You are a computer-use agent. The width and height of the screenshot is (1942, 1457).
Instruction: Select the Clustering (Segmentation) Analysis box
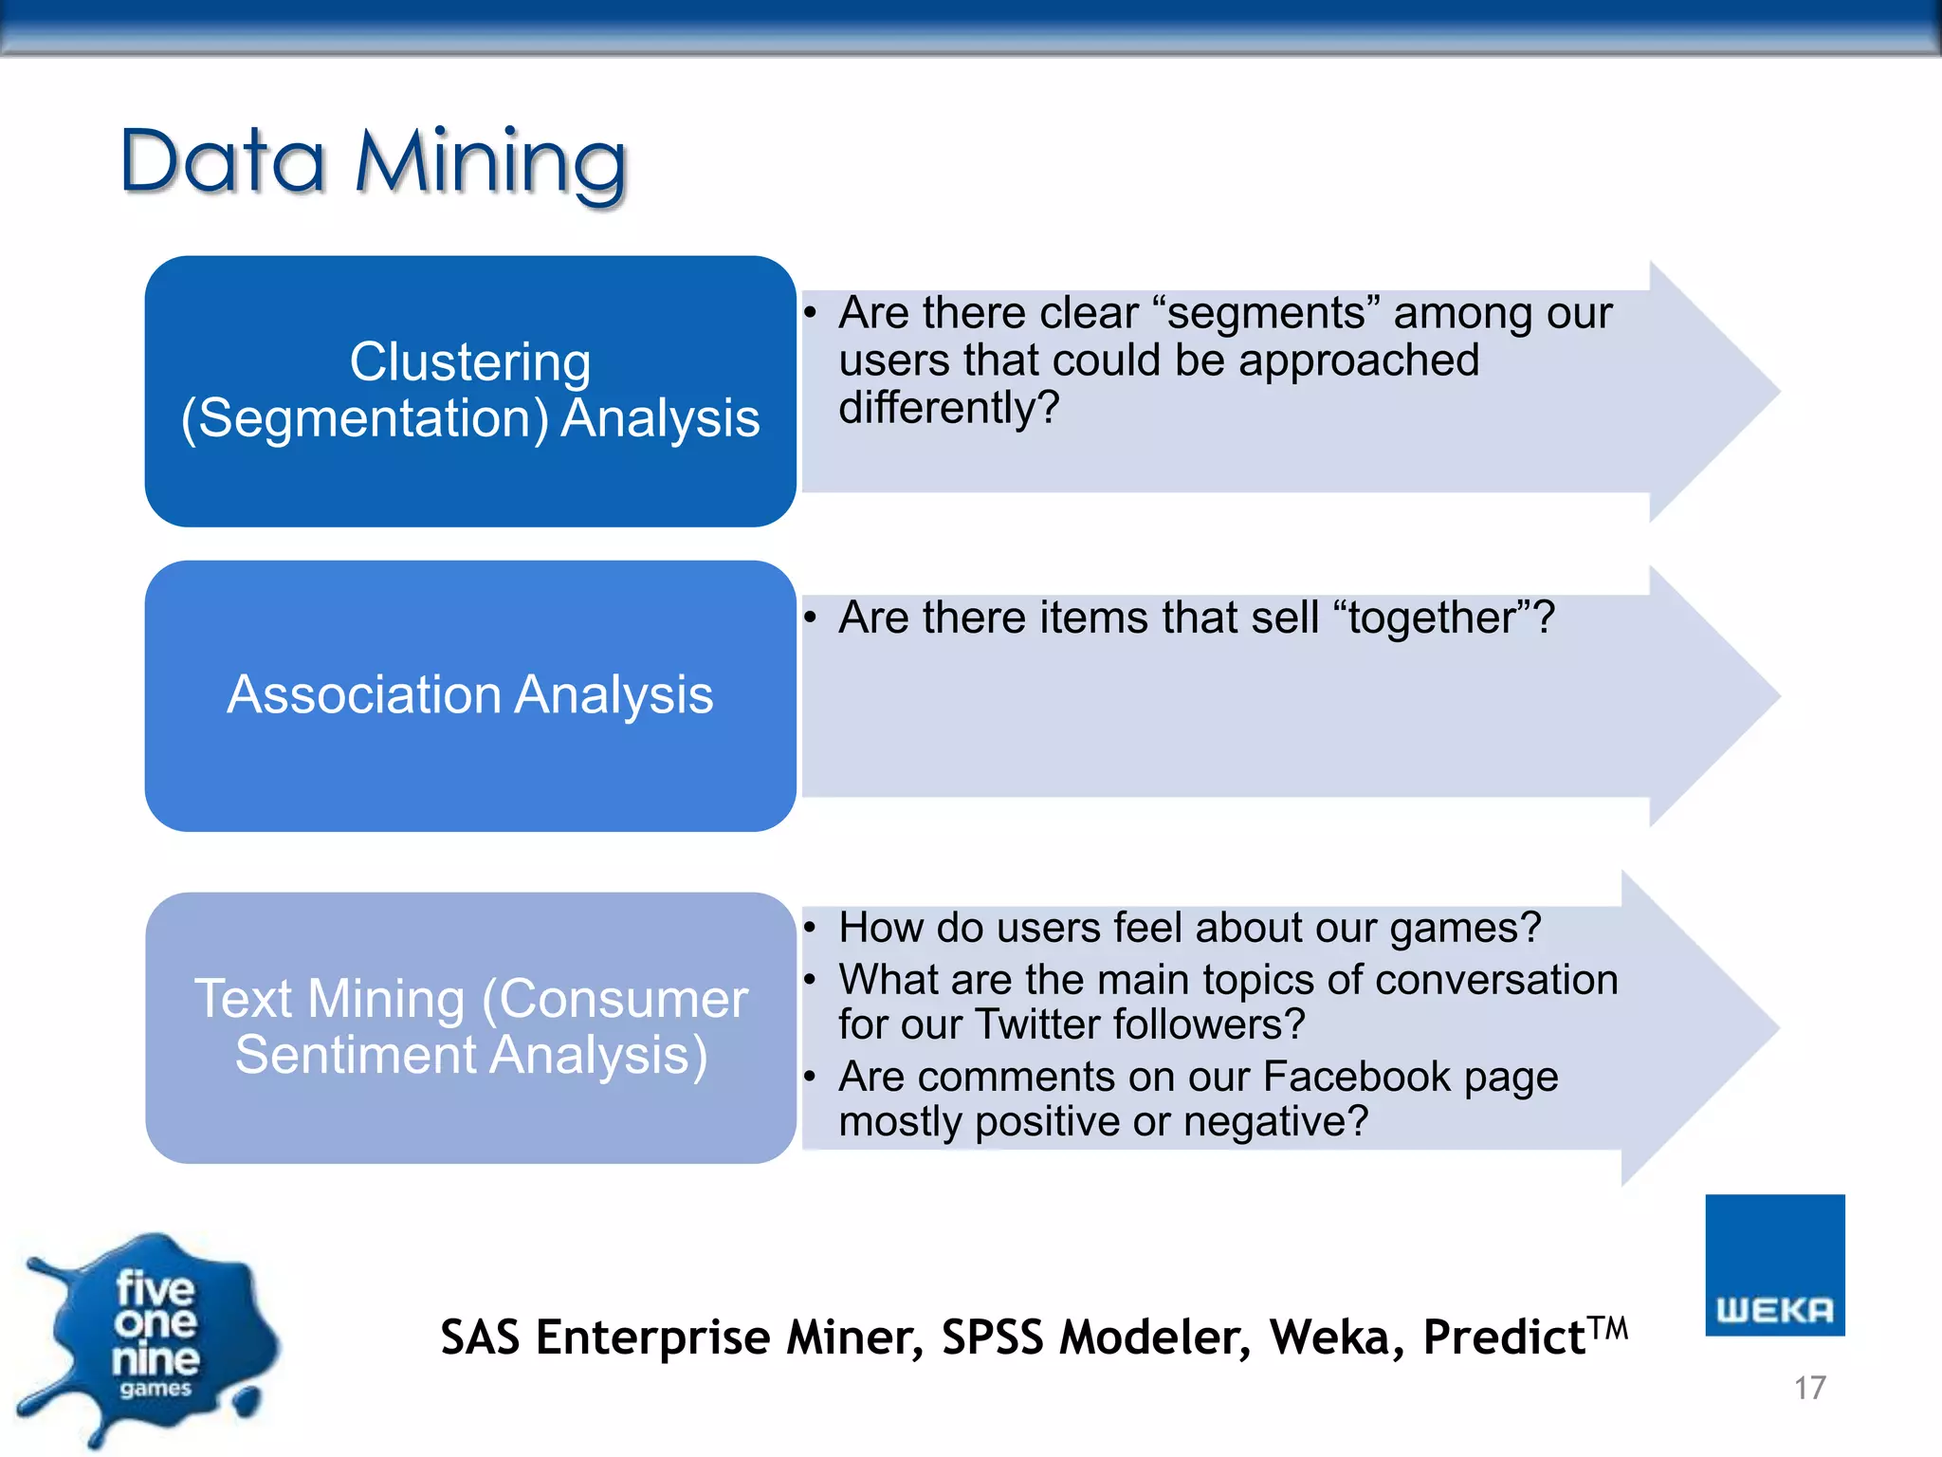coord(469,391)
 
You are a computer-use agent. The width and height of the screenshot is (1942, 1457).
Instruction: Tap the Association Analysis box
coord(469,695)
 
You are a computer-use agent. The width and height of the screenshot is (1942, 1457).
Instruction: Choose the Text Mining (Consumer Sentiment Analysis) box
coord(469,1027)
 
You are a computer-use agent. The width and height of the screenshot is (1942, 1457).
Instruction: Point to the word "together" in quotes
coord(1432,618)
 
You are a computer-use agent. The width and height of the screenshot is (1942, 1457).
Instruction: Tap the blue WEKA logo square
coord(1774,1264)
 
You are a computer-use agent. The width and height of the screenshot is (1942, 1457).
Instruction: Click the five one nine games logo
coord(152,1337)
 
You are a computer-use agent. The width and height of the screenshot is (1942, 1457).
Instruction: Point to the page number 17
coord(1809,1388)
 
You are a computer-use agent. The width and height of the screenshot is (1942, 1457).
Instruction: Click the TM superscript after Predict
coord(1609,1326)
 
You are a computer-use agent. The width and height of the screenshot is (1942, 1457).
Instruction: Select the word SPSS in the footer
coord(993,1337)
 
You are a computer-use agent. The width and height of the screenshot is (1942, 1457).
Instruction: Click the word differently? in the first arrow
coord(948,409)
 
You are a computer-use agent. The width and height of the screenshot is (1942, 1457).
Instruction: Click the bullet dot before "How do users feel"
coord(810,927)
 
